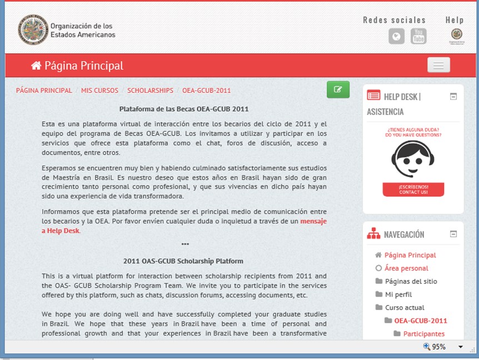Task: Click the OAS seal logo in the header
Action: [33, 29]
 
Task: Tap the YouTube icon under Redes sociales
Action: [418, 37]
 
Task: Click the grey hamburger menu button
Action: [438, 65]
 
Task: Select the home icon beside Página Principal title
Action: [36, 66]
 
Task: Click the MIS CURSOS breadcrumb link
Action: [99, 90]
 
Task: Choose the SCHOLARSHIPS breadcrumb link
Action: [150, 90]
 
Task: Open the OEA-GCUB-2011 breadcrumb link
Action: [206, 90]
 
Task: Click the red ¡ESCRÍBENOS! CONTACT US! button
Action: [413, 189]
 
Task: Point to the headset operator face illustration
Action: [412, 158]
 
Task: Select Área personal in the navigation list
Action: [406, 268]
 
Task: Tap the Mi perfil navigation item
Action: [398, 294]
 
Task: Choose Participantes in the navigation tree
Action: [424, 334]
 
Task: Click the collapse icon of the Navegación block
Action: [453, 234]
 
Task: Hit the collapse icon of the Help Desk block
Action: [453, 97]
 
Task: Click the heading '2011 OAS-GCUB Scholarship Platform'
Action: [183, 261]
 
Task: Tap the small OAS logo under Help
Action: [456, 36]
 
